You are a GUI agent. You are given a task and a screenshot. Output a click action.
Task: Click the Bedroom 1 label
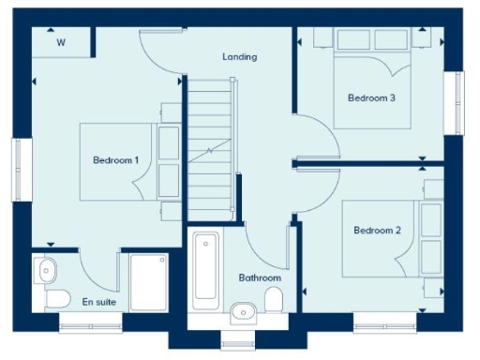click(115, 160)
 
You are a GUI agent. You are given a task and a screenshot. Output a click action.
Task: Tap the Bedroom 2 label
click(378, 231)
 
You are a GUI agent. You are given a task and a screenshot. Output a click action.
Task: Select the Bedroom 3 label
click(371, 97)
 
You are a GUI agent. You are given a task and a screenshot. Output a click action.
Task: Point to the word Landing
click(239, 57)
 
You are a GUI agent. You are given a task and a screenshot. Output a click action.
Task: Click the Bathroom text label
click(260, 278)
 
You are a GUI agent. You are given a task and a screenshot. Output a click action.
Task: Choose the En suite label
click(98, 302)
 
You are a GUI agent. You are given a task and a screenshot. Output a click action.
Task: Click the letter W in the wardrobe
click(61, 43)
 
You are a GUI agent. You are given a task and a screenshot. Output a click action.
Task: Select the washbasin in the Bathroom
click(244, 309)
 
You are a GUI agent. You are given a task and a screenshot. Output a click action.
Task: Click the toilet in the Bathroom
click(275, 300)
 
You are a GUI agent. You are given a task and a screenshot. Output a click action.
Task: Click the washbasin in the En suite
click(47, 271)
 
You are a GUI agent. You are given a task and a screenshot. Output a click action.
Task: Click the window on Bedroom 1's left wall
click(16, 170)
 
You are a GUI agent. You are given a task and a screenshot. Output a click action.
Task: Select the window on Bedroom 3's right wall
click(459, 103)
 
